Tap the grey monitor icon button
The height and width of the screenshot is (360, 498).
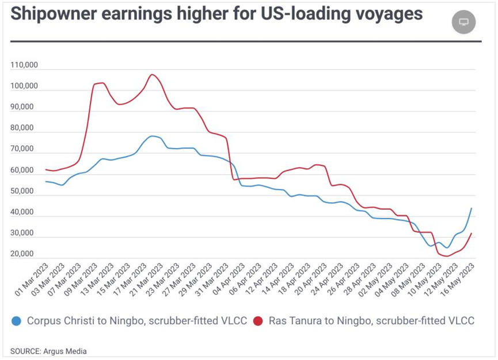[463, 22]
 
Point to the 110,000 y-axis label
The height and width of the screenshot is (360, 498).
[24, 65]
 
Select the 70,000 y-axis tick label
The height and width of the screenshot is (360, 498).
[24, 149]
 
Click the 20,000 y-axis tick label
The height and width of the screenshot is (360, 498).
[24, 254]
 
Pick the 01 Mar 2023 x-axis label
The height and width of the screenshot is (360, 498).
[32, 281]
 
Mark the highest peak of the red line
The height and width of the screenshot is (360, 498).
[151, 74]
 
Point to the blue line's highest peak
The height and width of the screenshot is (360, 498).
[151, 136]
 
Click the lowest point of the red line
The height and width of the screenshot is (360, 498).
[447, 256]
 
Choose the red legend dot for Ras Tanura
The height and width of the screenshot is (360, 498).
[258, 321]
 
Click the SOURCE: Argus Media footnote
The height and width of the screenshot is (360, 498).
[48, 350]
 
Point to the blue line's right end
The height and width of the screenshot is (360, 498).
[472, 209]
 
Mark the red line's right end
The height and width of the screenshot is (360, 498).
[472, 233]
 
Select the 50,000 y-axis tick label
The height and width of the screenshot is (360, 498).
[24, 191]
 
